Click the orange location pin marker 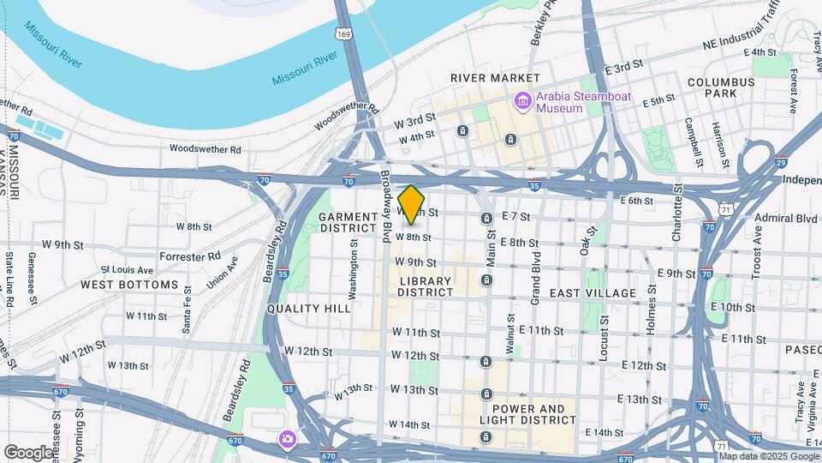tap(412, 204)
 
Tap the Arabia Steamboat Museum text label tap(584, 102)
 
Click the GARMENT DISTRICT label tap(348, 223)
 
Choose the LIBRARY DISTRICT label tap(426, 286)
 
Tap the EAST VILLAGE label tap(593, 293)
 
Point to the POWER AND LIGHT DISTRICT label tap(528, 415)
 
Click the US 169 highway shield tap(344, 34)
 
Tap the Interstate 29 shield tap(781, 161)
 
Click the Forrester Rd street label tap(190, 256)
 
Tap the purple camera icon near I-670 tap(288, 440)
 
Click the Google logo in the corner tap(28, 452)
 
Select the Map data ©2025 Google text tap(765, 456)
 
